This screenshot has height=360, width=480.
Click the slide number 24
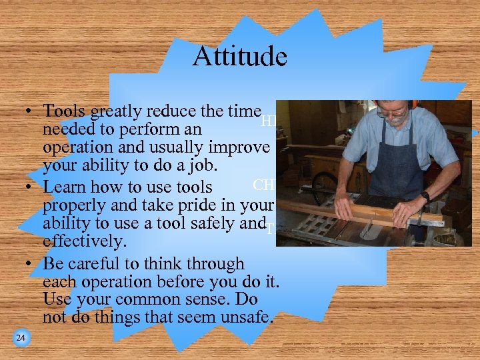click(x=21, y=339)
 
